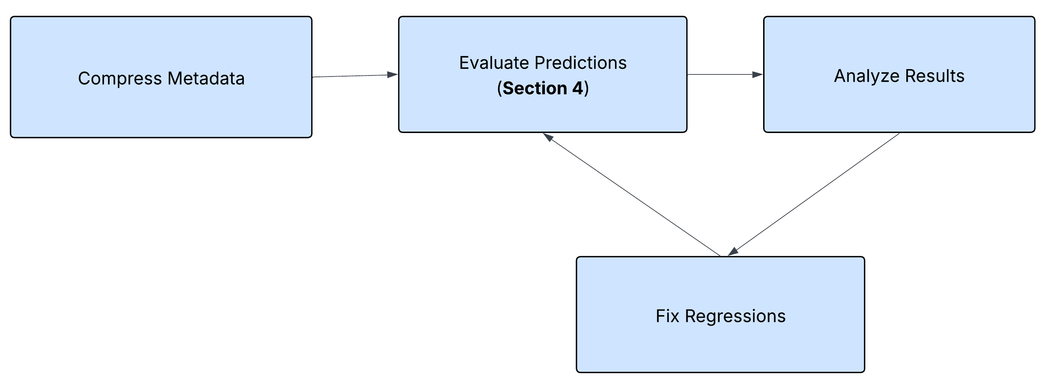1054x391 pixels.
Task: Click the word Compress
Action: point(120,79)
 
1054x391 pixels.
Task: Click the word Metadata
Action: point(206,79)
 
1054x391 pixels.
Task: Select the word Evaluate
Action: point(494,63)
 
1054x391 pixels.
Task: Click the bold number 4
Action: point(577,88)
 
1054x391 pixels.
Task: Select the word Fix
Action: point(668,317)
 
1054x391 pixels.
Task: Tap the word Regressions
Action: point(735,317)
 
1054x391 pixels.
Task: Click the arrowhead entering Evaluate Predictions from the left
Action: point(392,74)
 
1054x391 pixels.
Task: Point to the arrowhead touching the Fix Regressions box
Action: point(733,252)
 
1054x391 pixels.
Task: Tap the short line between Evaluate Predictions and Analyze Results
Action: point(720,74)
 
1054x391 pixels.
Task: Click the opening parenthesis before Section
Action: point(500,88)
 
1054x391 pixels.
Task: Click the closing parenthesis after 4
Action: point(586,88)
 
